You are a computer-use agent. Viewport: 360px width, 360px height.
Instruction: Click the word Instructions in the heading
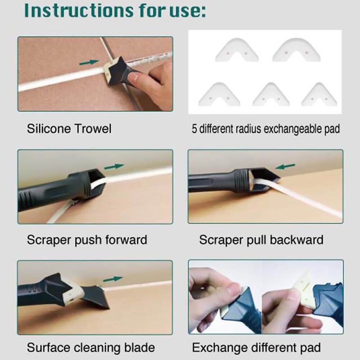(78, 10)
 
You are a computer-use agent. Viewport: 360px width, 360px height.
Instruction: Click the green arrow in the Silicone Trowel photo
(89, 62)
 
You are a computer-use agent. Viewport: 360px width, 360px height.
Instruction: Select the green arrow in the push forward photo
(114, 166)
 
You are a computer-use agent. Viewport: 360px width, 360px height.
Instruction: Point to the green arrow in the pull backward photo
(285, 166)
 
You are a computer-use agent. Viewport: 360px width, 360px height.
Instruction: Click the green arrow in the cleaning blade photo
(113, 279)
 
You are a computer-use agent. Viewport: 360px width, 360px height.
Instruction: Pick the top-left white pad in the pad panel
(237, 50)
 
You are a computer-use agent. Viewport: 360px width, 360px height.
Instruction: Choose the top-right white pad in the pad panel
(297, 50)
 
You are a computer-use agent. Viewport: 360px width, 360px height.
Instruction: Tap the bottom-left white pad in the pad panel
(219, 94)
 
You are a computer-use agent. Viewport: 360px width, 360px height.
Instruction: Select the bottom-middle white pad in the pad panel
(271, 94)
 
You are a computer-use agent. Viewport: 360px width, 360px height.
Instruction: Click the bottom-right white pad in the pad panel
(319, 94)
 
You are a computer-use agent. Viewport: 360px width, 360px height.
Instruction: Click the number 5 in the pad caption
(194, 129)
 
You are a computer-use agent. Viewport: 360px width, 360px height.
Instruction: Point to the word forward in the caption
(126, 240)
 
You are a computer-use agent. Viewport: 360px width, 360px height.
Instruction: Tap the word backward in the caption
(297, 240)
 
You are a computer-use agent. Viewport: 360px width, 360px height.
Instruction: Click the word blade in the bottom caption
(139, 347)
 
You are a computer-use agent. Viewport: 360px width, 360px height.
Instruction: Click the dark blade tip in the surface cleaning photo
(106, 307)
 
